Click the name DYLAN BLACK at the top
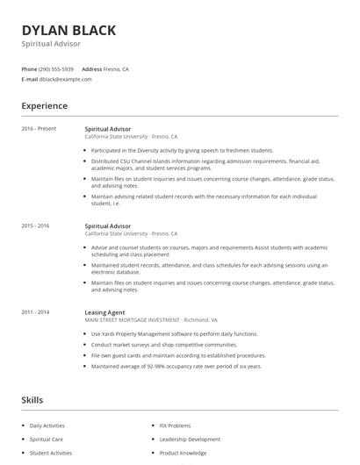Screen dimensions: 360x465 68,30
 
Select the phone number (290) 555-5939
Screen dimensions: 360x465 57,68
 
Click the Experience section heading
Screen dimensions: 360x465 44,106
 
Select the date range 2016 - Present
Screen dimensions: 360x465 39,129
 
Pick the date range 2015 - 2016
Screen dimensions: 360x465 37,226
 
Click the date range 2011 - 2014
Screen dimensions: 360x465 37,312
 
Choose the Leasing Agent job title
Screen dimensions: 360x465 104,312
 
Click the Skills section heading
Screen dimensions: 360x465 32,400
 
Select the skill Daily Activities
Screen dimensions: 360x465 49,425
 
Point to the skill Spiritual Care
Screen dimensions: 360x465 47,439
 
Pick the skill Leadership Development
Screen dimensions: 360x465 190,439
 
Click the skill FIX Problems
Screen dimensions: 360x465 176,425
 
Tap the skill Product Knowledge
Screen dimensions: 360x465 183,453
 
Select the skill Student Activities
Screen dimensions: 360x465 51,453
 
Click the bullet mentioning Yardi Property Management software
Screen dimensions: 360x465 174,334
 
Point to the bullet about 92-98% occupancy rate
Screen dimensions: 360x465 176,366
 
